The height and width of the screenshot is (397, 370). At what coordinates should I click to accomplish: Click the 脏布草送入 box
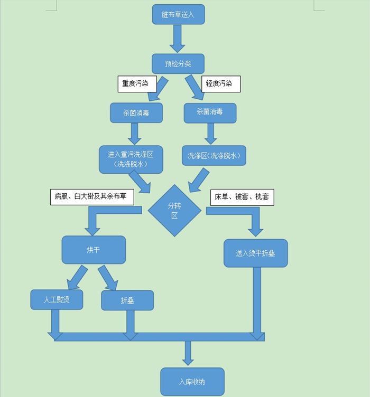pos(178,15)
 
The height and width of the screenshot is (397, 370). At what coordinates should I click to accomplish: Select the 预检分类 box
pos(178,64)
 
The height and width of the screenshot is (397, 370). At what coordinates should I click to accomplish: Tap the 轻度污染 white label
pos(221,83)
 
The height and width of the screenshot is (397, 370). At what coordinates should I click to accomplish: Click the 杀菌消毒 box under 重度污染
pos(136,112)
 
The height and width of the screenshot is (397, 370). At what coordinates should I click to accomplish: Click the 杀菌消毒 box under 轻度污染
pos(210,112)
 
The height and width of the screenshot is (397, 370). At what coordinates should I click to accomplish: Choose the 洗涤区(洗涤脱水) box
pos(214,156)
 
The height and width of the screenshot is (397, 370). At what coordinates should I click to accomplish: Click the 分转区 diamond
pos(174,211)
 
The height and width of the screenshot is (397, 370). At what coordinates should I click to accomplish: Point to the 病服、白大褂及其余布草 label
pos(91,197)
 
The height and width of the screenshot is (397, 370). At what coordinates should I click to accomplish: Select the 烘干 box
pos(94,250)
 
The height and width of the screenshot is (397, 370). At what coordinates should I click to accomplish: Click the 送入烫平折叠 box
pos(255,253)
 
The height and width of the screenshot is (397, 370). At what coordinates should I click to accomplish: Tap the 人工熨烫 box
pos(57,299)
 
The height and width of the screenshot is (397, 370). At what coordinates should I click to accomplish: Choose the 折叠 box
pos(127,300)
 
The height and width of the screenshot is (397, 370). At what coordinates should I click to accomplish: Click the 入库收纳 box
pos(192,381)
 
